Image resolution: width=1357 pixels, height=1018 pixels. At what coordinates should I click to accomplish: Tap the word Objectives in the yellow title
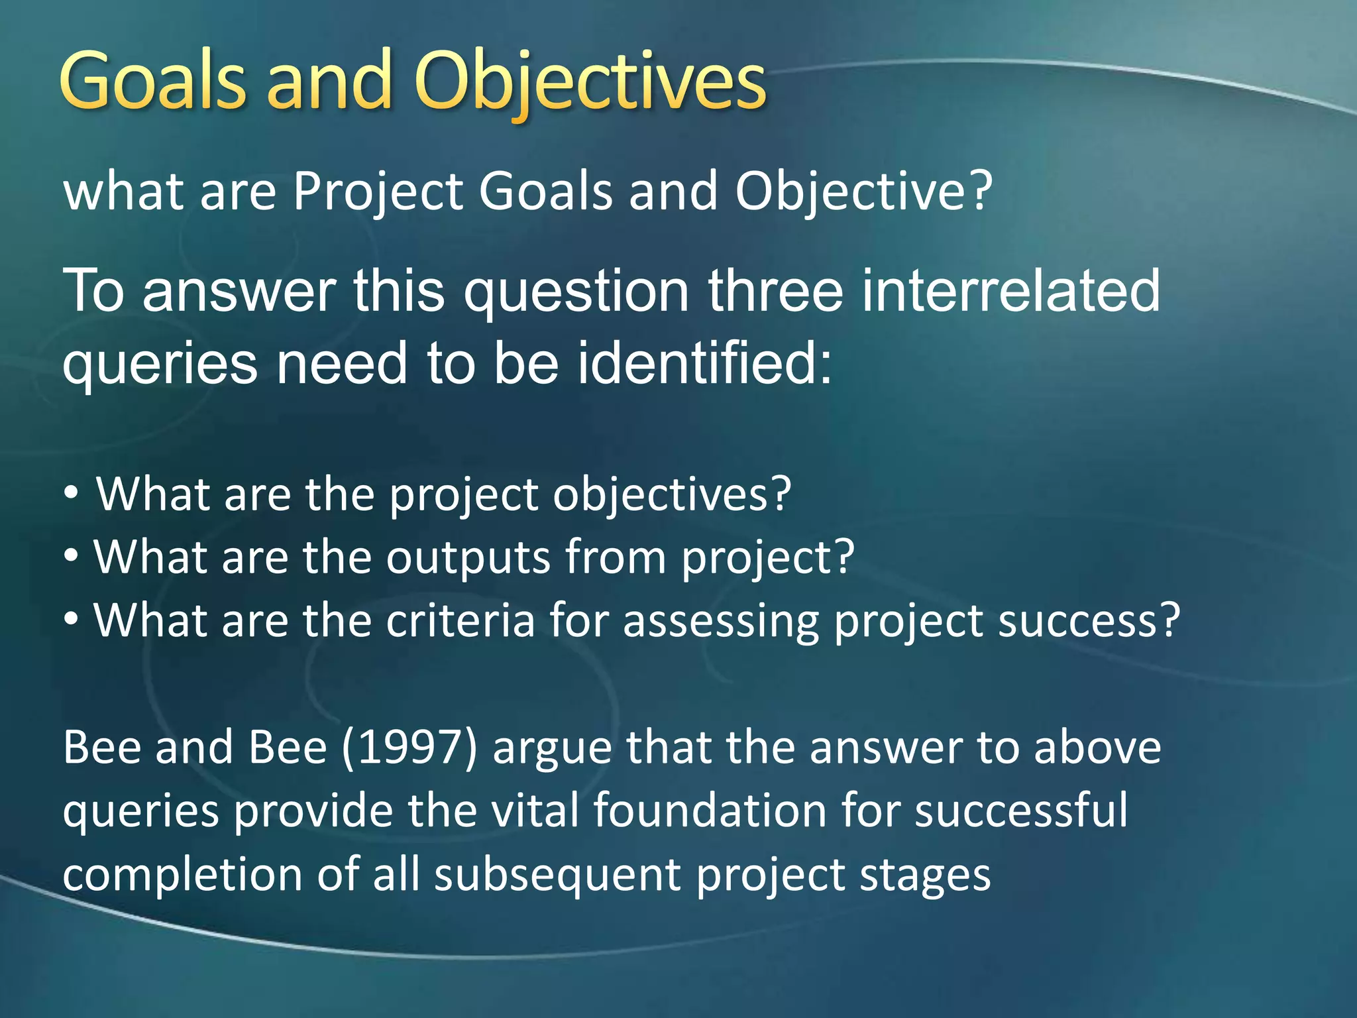590,83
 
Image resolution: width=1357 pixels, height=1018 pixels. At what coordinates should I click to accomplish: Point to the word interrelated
1010,292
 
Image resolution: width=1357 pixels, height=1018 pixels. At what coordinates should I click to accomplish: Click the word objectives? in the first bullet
672,495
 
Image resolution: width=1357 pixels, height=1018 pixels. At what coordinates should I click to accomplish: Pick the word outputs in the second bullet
468,558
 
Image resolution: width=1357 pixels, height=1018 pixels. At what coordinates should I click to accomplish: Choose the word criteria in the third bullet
460,621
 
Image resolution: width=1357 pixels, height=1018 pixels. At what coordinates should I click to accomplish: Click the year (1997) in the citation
409,748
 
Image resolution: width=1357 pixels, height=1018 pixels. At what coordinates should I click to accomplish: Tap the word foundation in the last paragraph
709,811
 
